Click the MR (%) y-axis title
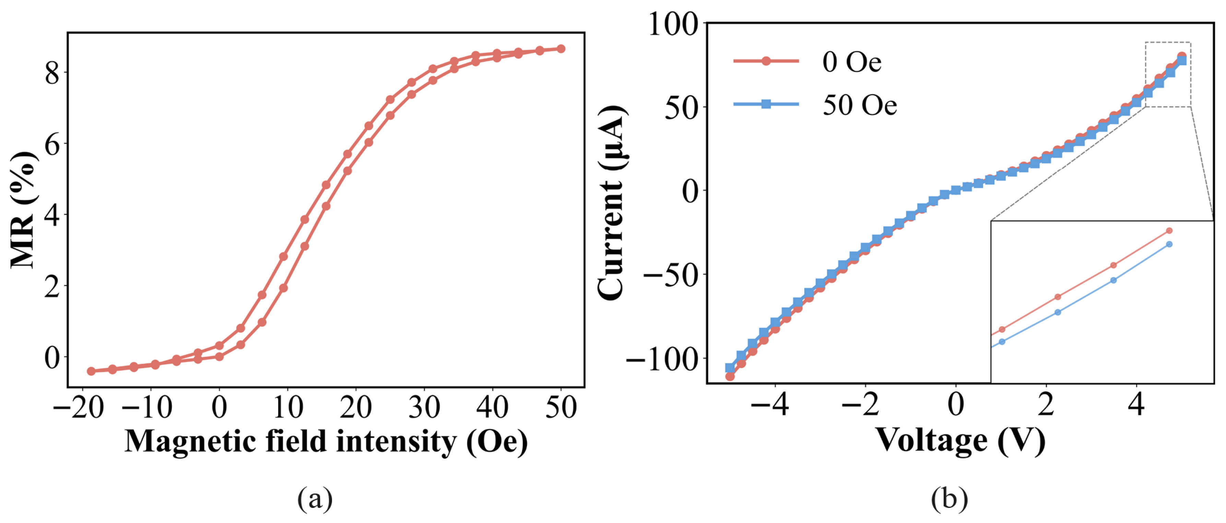pyautogui.click(x=23, y=210)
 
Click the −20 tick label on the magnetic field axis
pyautogui.click(x=79, y=407)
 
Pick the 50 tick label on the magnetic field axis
pyautogui.click(x=561, y=407)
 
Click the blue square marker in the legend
pyautogui.click(x=766, y=104)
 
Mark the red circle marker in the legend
pyautogui.click(x=766, y=61)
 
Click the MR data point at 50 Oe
pyautogui.click(x=561, y=49)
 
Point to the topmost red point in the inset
pyautogui.click(x=1169, y=231)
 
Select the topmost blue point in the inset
pyautogui.click(x=1169, y=244)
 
